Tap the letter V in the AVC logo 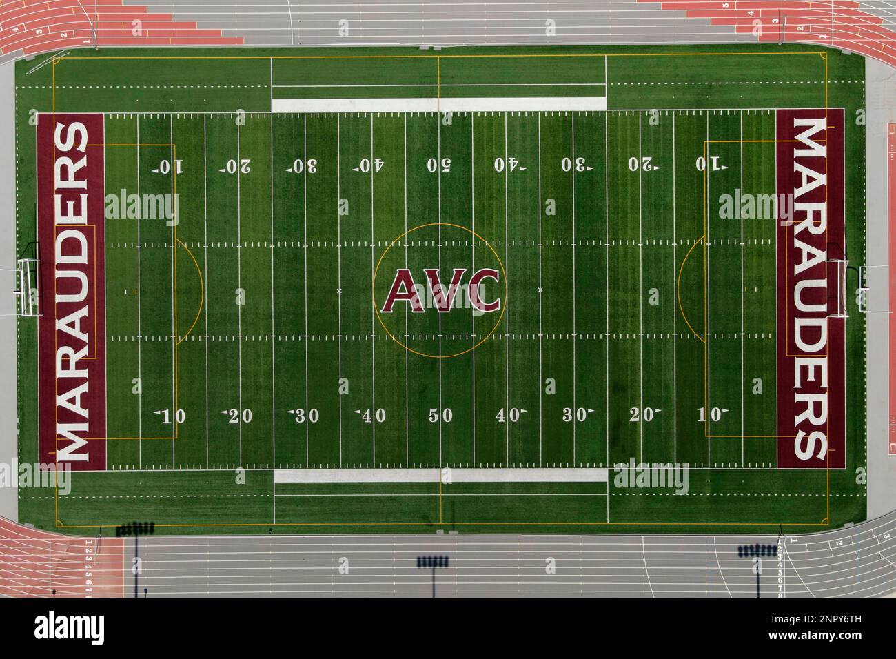pos(440,290)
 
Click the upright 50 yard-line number pos(440,416)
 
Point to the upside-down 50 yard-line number pos(439,165)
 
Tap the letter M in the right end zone pos(811,137)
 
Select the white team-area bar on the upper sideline pos(438,105)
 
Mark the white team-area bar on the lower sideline pos(440,476)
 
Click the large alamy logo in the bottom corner pos(70,628)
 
